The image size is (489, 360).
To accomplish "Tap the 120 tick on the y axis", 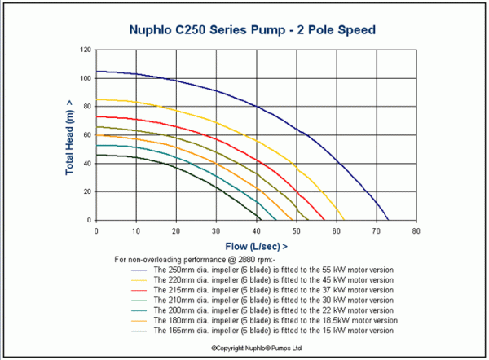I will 84,50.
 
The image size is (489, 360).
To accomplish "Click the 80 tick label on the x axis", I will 416,230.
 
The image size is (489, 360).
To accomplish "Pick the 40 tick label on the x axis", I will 256,230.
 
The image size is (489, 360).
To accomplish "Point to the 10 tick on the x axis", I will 136,230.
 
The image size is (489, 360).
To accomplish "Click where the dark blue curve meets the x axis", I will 389,220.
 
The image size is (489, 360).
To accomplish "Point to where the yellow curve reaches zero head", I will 344,220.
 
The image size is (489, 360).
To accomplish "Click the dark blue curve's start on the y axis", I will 97,72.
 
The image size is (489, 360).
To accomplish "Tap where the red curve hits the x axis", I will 324,220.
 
